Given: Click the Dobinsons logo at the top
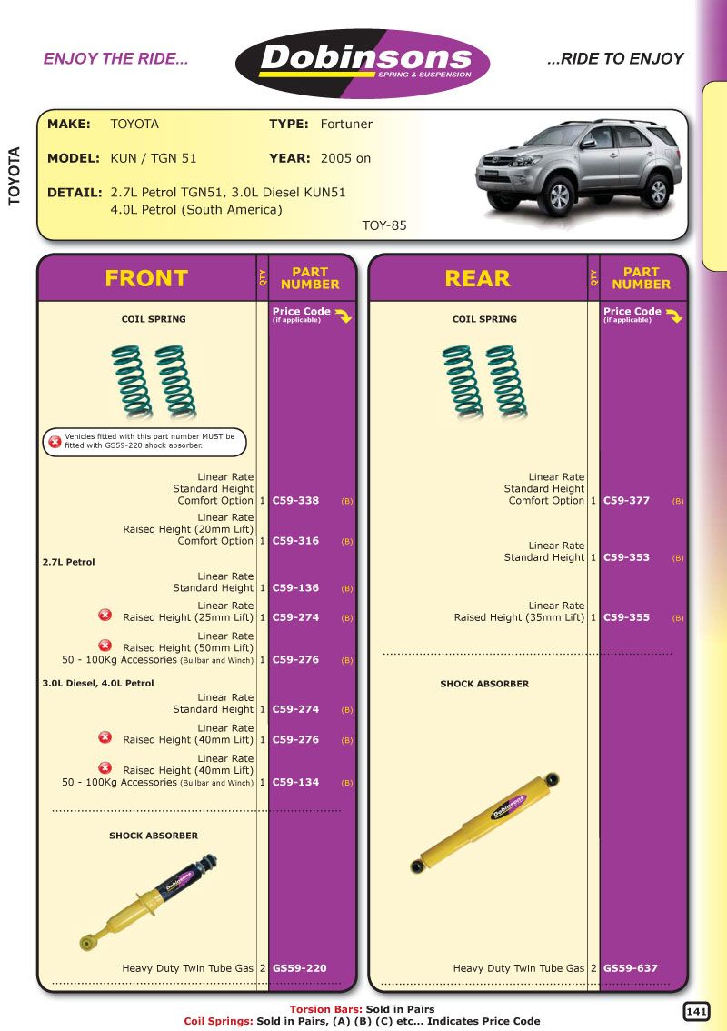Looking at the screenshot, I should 363,63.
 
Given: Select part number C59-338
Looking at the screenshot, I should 295,501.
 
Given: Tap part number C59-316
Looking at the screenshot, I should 295,541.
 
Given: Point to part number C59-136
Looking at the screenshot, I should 295,588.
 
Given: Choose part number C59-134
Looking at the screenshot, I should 295,782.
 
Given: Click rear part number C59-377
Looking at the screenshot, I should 626,501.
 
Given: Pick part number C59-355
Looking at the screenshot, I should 626,617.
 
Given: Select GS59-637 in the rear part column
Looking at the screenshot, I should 630,969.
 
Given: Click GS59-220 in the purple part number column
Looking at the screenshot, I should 299,969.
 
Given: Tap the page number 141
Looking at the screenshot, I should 696,1011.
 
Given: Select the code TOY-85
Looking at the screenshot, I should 384,225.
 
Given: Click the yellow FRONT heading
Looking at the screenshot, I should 146,278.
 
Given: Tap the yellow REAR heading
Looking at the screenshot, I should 477,278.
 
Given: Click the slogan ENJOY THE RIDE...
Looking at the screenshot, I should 115,59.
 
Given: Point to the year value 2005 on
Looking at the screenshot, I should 345,158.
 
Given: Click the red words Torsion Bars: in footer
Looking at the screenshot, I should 325,1009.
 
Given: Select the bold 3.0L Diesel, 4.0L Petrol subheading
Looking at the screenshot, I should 98,683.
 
